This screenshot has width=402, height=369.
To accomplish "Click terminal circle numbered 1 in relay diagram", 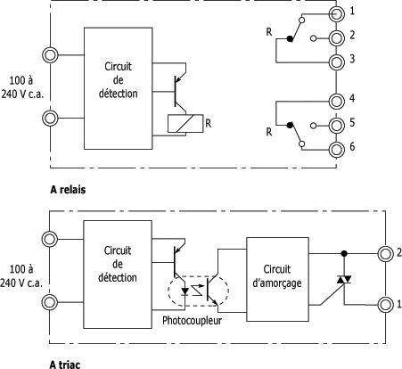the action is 336,13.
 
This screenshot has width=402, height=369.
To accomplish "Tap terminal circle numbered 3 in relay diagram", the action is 336,62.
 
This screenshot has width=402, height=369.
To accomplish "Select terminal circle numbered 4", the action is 336,102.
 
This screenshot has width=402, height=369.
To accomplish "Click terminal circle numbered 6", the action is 336,150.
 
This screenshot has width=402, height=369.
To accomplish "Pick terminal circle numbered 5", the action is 336,126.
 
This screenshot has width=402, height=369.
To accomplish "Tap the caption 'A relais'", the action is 68,190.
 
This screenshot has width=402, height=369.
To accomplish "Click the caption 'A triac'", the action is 65,364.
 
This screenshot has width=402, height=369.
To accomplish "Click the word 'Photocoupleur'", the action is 192,321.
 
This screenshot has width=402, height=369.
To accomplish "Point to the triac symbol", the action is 344,280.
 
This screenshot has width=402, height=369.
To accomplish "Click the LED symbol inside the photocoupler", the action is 185,291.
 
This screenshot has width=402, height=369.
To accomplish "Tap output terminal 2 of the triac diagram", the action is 386,254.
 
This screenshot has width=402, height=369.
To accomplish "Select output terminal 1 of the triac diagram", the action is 386,305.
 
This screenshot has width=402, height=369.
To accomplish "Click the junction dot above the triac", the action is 344,254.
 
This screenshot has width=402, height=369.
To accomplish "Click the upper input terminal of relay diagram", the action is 50,55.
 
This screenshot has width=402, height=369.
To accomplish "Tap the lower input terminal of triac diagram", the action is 49,302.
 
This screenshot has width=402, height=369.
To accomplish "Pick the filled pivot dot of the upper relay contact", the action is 290,38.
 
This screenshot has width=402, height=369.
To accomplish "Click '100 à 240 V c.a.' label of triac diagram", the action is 21,276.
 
